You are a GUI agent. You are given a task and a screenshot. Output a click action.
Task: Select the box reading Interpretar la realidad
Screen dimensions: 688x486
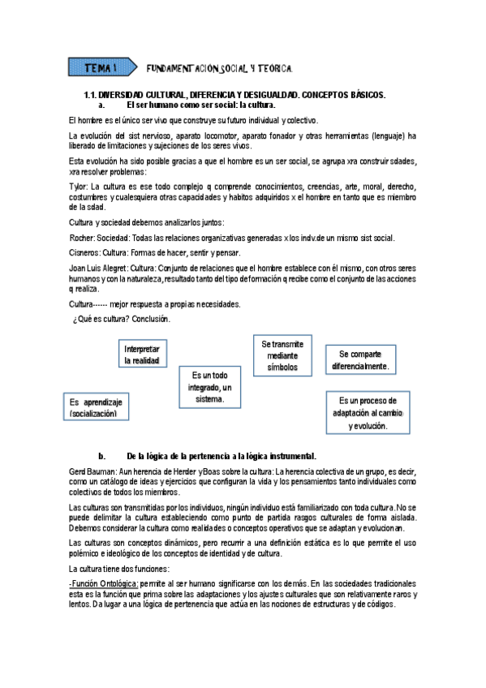click(142, 355)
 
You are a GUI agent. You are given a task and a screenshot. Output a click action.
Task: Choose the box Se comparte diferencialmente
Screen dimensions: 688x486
click(359, 360)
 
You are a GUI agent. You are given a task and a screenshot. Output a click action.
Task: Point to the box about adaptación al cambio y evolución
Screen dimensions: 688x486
click(368, 413)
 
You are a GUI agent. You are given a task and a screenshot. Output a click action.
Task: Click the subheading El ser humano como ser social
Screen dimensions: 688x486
click(201, 105)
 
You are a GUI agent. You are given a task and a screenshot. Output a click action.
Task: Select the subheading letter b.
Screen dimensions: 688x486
click(101, 455)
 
